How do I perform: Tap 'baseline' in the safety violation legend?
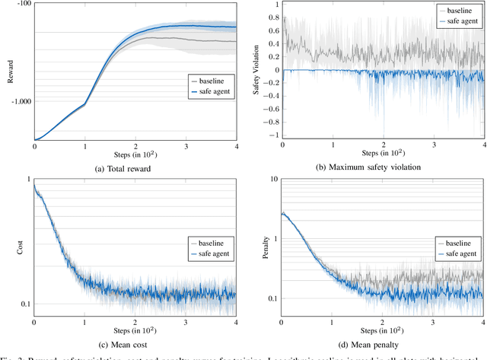[464, 11]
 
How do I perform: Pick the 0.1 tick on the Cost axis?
[25, 304]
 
